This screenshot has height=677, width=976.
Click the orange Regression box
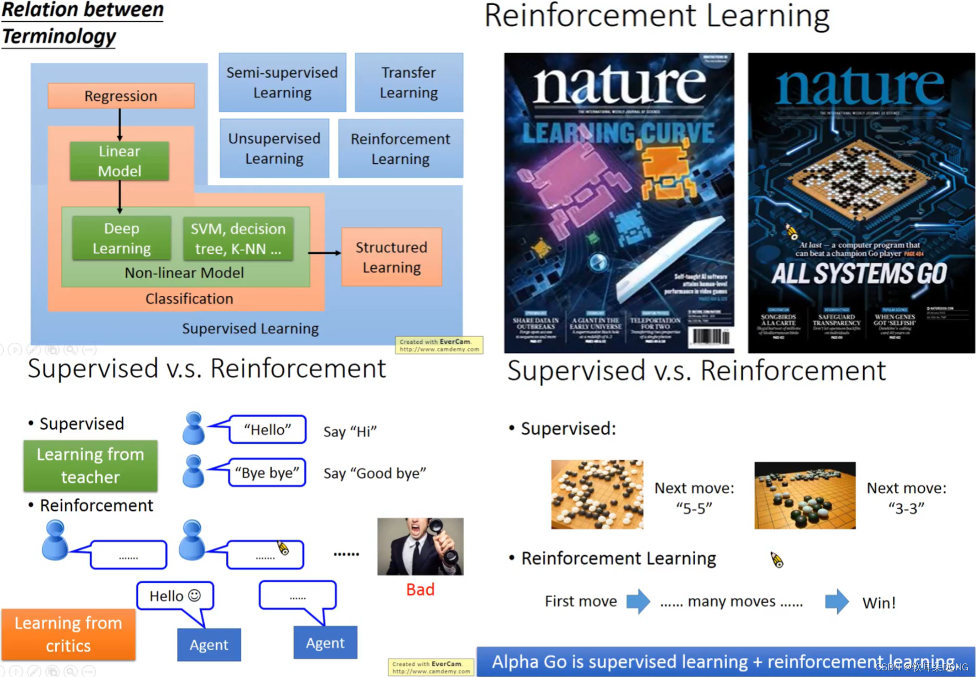(x=121, y=96)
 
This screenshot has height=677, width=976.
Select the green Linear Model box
(x=120, y=161)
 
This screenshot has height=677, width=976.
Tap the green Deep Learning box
(x=122, y=238)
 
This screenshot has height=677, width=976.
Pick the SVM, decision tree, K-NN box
(x=238, y=238)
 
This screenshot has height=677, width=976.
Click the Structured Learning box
(x=391, y=257)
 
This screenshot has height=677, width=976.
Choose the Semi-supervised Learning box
(x=282, y=83)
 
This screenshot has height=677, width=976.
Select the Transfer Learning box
(x=408, y=83)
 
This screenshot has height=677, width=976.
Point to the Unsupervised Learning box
(x=274, y=148)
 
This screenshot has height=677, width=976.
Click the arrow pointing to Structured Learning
(x=325, y=253)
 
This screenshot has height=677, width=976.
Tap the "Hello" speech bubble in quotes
(x=268, y=430)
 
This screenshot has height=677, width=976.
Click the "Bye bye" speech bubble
(x=267, y=473)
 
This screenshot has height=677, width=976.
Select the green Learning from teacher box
(x=90, y=466)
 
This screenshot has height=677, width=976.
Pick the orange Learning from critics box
(x=68, y=634)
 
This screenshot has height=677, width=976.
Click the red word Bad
(x=420, y=589)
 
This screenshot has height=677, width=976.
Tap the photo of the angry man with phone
(x=420, y=546)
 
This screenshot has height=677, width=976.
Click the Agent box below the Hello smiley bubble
(x=209, y=645)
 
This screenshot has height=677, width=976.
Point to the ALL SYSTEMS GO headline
(x=859, y=274)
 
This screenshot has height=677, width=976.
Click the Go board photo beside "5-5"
(x=597, y=495)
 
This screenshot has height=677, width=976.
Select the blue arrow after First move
(x=638, y=602)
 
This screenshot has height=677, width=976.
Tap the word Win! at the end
(x=879, y=603)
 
